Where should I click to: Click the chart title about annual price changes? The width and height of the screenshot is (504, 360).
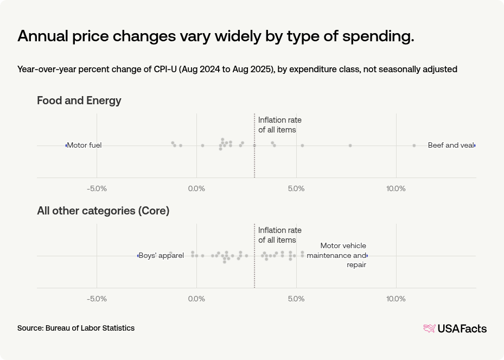coord(216,36)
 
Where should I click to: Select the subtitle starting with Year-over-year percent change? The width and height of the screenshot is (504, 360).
coord(237,70)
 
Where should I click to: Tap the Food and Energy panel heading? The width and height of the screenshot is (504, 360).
coord(79,100)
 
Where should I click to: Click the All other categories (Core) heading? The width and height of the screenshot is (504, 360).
coord(103,211)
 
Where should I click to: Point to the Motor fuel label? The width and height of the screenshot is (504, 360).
coord(85,146)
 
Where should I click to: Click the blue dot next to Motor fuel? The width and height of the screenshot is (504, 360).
coord(66,146)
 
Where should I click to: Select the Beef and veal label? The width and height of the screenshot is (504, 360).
coord(450,146)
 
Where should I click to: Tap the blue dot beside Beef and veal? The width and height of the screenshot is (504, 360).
coord(475,146)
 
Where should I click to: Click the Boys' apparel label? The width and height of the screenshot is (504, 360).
coord(162,256)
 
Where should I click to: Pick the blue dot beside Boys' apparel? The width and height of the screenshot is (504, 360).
coord(138,256)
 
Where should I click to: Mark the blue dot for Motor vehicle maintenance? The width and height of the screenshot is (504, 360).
coord(367,256)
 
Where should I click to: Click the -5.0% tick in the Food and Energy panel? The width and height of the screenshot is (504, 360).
coord(97,188)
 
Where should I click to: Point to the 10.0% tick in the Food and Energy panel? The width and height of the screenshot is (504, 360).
coord(395,188)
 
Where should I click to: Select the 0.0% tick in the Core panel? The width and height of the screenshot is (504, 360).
coord(196,299)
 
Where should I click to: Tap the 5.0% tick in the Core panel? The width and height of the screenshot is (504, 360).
coord(296,299)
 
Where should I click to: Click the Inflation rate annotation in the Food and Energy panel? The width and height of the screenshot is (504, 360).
coord(279,125)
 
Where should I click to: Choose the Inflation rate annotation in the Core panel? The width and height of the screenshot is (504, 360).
coord(279,235)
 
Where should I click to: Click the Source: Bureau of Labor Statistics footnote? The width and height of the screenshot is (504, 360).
coord(76,328)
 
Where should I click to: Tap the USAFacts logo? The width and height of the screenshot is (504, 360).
coord(455,329)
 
